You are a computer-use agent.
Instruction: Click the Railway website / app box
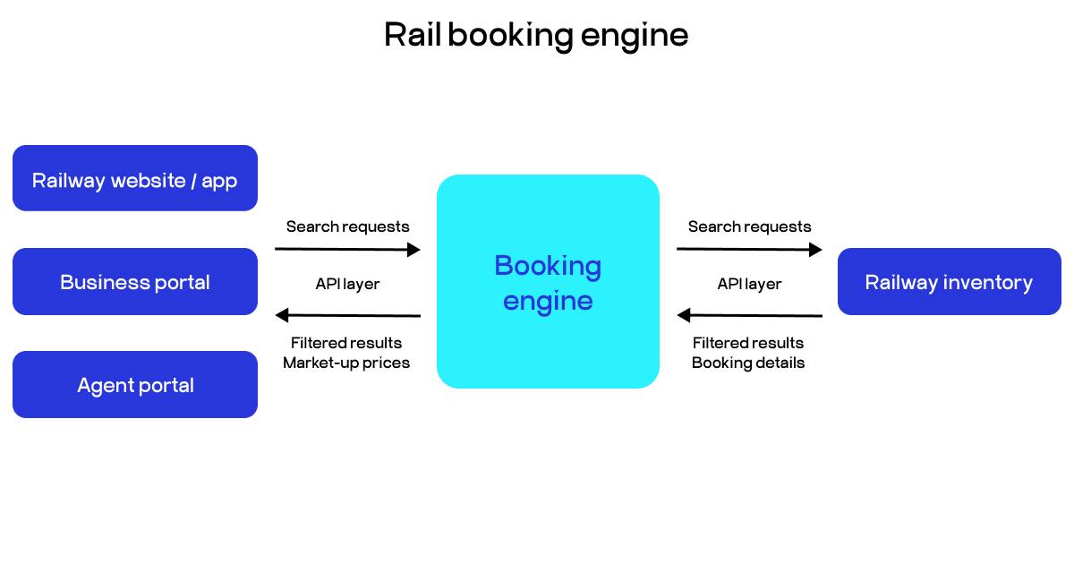tap(134, 179)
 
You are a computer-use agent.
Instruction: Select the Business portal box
tap(134, 282)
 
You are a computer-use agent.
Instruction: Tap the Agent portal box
tap(134, 385)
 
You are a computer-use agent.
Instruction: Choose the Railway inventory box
tap(949, 282)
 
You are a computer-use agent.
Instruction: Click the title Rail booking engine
tap(536, 35)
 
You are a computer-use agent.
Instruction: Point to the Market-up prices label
tap(346, 363)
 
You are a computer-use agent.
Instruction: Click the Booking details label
tap(748, 363)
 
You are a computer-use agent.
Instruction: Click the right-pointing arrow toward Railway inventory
tap(749, 250)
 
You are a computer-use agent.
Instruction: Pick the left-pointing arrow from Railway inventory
tap(749, 315)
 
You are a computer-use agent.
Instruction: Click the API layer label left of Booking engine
tap(347, 284)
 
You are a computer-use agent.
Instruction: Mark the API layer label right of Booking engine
tap(749, 284)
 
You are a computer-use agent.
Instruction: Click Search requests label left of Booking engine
tap(347, 226)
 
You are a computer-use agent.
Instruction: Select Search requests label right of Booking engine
tap(749, 226)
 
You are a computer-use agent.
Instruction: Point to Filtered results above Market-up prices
tap(346, 343)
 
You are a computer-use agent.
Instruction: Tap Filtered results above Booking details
tap(748, 343)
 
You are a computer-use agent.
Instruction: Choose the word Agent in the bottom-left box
tap(104, 386)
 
